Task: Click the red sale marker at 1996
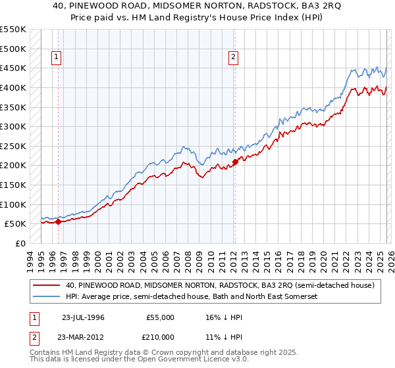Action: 58,221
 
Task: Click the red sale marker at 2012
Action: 234,161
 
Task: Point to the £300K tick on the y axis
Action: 13,126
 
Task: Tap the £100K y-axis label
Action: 13,204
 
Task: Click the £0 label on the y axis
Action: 19,243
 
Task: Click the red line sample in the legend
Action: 47,285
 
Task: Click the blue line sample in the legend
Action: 47,297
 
